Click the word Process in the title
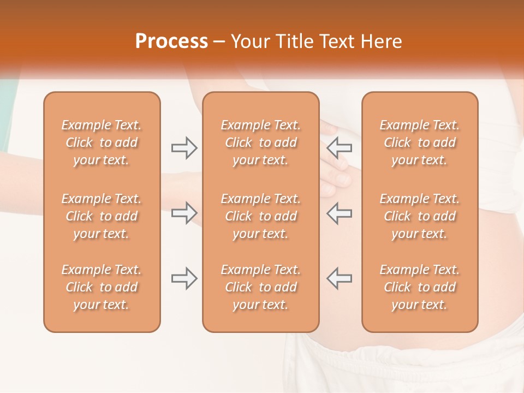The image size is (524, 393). [171, 41]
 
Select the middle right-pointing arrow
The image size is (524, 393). [184, 213]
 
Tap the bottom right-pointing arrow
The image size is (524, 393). [184, 278]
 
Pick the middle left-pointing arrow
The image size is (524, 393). [340, 213]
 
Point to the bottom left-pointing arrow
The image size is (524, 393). [340, 278]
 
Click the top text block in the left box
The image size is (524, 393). [102, 142]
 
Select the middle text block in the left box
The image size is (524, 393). [102, 216]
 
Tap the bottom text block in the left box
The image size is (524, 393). [102, 287]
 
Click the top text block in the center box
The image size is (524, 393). [260, 142]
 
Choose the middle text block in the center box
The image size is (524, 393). [260, 216]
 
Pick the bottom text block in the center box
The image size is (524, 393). [260, 287]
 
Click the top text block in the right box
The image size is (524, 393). [420, 142]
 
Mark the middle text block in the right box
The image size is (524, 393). [420, 216]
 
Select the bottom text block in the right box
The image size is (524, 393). [420, 287]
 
